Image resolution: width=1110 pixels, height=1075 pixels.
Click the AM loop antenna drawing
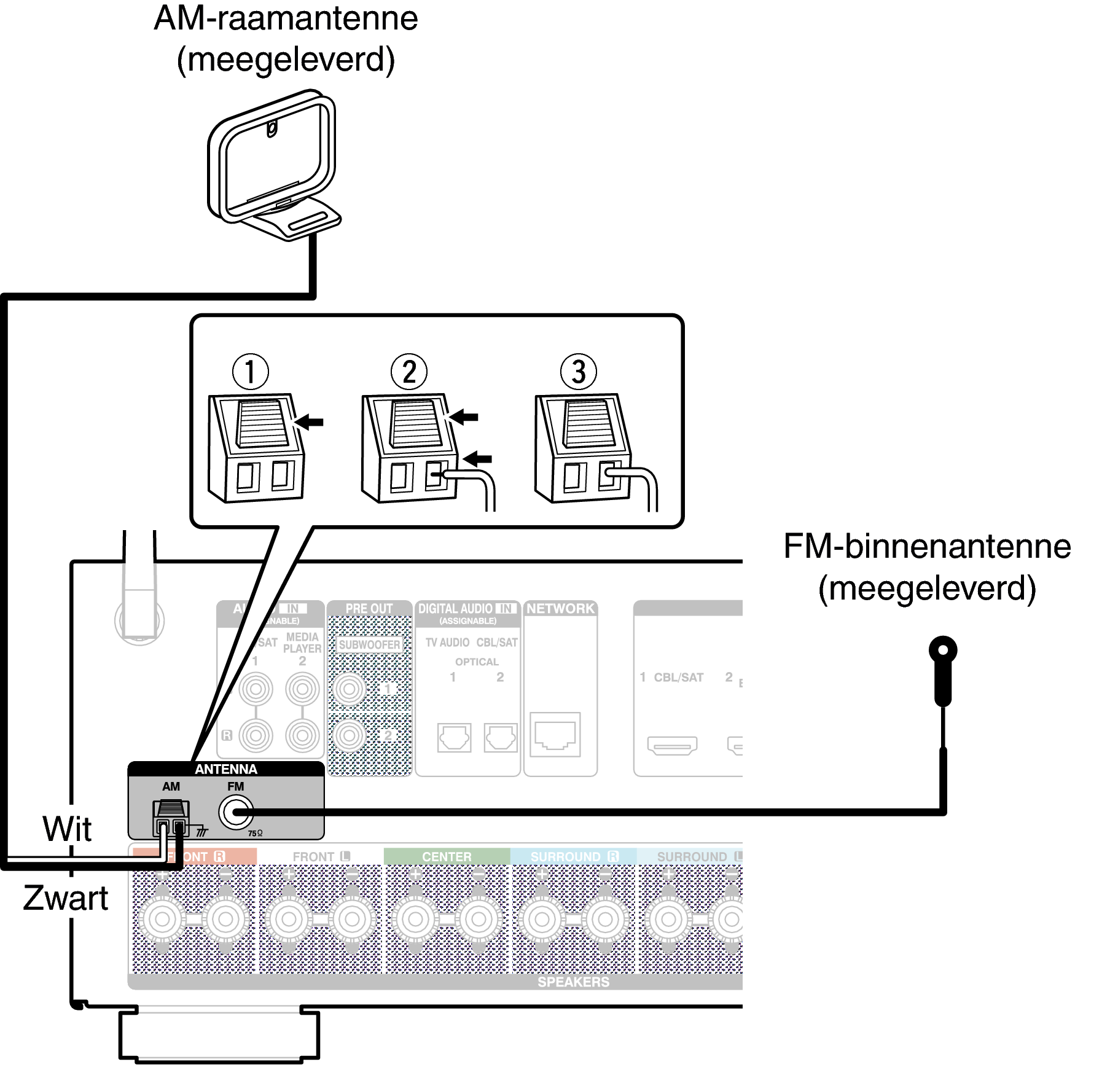click(273, 166)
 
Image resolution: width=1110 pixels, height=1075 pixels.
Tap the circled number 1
click(250, 371)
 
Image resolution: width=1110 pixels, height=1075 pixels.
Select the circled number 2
click(409, 371)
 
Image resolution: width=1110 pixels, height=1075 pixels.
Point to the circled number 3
click(579, 371)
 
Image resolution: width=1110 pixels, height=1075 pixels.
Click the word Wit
click(67, 829)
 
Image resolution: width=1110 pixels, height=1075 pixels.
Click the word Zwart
click(66, 898)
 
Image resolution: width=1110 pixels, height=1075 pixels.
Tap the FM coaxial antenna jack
click(235, 813)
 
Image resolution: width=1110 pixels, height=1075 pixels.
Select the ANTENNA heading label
click(226, 769)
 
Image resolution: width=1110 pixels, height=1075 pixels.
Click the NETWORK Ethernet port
click(555, 735)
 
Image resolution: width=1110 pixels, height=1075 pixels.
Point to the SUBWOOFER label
click(369, 644)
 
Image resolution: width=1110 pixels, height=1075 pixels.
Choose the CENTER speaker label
click(447, 856)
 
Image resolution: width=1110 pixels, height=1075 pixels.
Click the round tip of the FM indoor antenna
click(943, 650)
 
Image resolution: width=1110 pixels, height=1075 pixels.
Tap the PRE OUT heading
click(369, 609)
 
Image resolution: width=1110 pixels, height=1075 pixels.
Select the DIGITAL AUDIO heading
click(456, 609)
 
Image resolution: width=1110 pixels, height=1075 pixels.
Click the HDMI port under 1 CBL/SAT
click(672, 745)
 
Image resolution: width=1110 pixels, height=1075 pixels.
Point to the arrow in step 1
click(308, 422)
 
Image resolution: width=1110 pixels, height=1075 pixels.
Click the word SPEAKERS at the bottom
click(574, 982)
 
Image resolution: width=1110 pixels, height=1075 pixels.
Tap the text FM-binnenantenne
click(927, 546)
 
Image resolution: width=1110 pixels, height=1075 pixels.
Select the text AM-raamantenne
click(286, 18)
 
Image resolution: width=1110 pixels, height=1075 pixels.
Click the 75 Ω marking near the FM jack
click(255, 834)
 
